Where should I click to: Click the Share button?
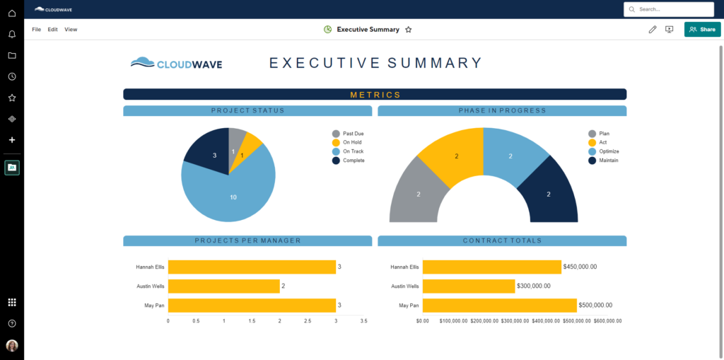[702, 29]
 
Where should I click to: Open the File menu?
[37, 30]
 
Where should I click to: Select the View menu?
[71, 30]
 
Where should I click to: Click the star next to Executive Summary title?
[409, 30]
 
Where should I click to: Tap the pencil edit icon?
[652, 30]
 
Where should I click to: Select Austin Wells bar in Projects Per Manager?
[223, 286]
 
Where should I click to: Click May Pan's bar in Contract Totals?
[499, 306]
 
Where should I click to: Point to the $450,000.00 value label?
[580, 267]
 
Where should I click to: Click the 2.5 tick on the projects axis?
[308, 320]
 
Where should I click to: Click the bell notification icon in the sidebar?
[12, 34]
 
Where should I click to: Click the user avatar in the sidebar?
[12, 346]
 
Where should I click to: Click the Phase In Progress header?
[502, 111]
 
